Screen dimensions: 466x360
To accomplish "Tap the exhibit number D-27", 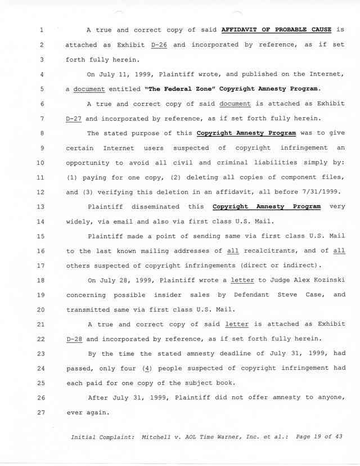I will coord(74,119).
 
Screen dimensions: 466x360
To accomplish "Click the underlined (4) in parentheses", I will coord(145,369).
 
